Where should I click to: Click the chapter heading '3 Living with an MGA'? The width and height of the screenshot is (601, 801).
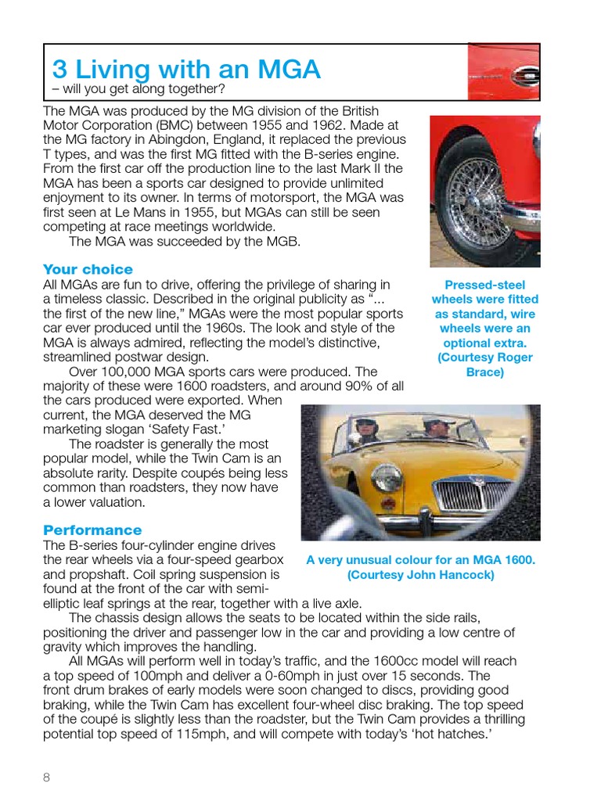[186, 70]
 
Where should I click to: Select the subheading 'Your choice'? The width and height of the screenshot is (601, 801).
[88, 269]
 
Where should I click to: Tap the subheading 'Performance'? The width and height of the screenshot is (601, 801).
[92, 530]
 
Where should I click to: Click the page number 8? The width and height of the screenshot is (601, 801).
[46, 777]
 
